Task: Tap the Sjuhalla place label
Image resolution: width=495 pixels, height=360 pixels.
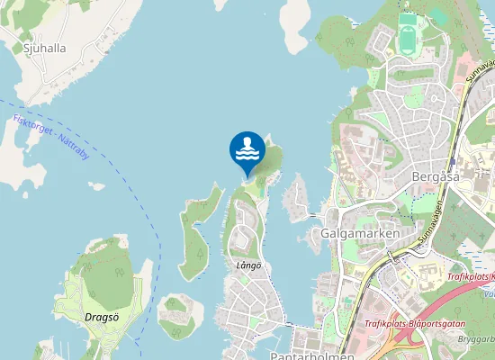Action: pyautogui.click(x=40, y=49)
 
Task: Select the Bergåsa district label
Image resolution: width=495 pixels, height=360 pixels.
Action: pyautogui.click(x=435, y=176)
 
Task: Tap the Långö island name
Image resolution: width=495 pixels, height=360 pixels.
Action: pyautogui.click(x=247, y=265)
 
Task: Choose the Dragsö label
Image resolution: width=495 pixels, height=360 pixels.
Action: pyautogui.click(x=102, y=317)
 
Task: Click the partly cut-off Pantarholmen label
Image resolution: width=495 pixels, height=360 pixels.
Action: pyautogui.click(x=306, y=355)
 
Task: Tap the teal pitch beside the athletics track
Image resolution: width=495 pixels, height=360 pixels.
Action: pyautogui.click(x=437, y=15)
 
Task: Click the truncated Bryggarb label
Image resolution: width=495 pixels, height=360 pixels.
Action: pyautogui.click(x=476, y=340)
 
